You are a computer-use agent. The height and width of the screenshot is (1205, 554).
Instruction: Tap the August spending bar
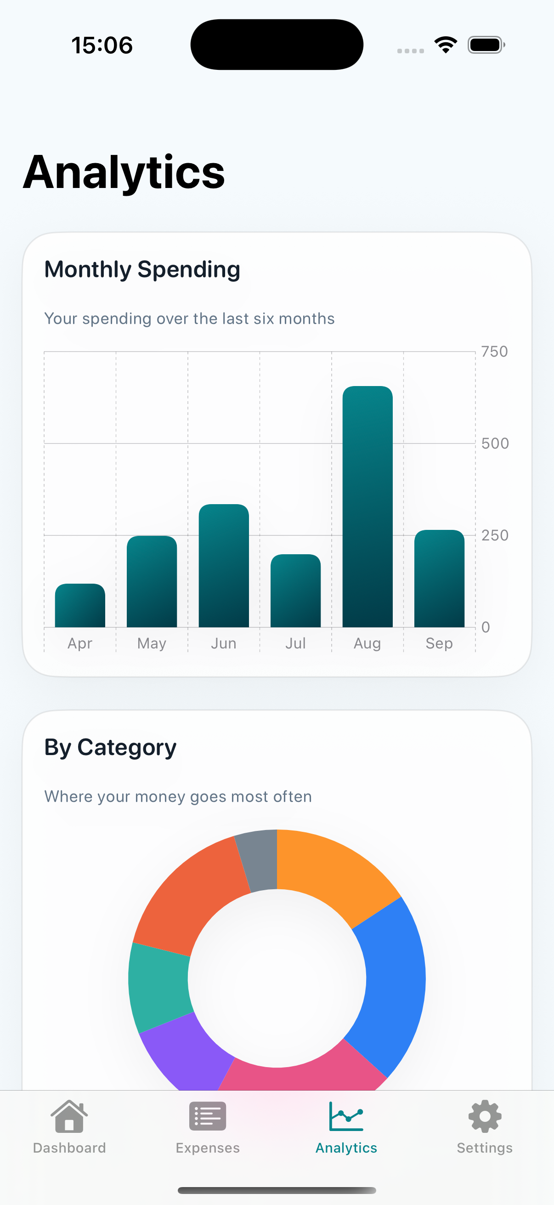point(367,506)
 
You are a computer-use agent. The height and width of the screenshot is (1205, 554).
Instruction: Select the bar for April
point(80,605)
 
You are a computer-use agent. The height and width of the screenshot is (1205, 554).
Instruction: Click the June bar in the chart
point(224,566)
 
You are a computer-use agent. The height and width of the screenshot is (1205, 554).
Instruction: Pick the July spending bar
point(295,591)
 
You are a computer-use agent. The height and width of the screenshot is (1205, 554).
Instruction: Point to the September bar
point(440,578)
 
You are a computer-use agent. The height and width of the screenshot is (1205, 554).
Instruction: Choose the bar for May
point(152,581)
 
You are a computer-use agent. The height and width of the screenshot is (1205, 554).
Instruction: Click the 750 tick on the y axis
point(495,351)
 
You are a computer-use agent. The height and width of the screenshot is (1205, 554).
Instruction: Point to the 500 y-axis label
point(495,443)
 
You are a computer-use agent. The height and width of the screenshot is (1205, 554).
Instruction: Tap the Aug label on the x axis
point(367,644)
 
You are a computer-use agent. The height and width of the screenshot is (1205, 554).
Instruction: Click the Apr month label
point(80,644)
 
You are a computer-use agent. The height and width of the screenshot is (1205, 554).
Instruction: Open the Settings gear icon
point(485,1116)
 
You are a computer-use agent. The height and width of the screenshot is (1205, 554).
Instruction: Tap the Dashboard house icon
point(69,1116)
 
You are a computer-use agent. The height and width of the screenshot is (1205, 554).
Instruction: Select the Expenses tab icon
point(208,1116)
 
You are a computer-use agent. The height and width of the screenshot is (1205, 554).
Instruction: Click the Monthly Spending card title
point(142,269)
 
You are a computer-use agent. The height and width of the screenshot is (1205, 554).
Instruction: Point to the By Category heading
point(110,748)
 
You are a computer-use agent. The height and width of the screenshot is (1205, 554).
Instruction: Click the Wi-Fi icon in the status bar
point(446,45)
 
